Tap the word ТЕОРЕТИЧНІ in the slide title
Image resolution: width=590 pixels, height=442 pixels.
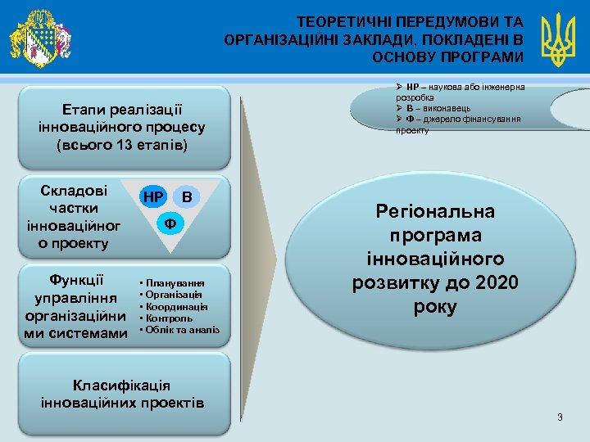point(336,21)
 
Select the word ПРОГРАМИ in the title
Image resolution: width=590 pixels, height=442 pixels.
point(479,56)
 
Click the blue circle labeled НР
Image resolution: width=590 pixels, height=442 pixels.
point(153,197)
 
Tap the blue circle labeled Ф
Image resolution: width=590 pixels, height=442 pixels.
point(170,223)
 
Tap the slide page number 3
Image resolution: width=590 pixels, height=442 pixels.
point(560,418)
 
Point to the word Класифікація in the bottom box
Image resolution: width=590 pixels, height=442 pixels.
point(121,386)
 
